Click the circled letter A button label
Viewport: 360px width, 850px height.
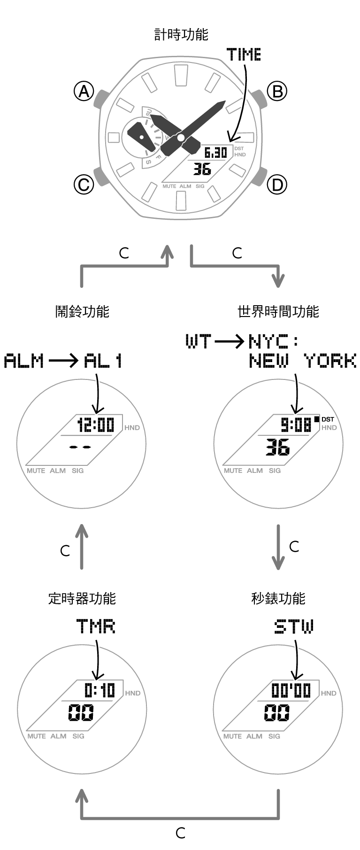(84, 91)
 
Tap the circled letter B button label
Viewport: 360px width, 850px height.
(277, 91)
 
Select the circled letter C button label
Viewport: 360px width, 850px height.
(84, 185)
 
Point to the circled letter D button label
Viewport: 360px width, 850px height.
(277, 185)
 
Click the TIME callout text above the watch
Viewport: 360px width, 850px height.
(244, 55)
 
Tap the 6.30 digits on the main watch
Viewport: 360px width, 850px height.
(215, 153)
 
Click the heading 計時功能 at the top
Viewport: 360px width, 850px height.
(181, 35)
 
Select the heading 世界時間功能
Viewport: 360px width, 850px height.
(278, 311)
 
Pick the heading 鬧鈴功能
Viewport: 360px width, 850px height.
(82, 311)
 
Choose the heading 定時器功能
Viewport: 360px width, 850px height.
(82, 598)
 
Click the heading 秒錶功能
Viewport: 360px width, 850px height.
(278, 598)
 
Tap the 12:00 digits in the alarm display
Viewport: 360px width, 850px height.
(96, 425)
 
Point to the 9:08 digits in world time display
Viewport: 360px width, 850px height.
(296, 425)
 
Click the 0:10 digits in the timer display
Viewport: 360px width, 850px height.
(100, 690)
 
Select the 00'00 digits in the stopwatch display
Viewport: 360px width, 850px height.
(291, 690)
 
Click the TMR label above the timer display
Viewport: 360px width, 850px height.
(96, 626)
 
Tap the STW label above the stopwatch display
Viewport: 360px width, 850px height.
(294, 626)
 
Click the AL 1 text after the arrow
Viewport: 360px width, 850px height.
(103, 361)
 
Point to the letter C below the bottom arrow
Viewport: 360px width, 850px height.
(181, 833)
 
